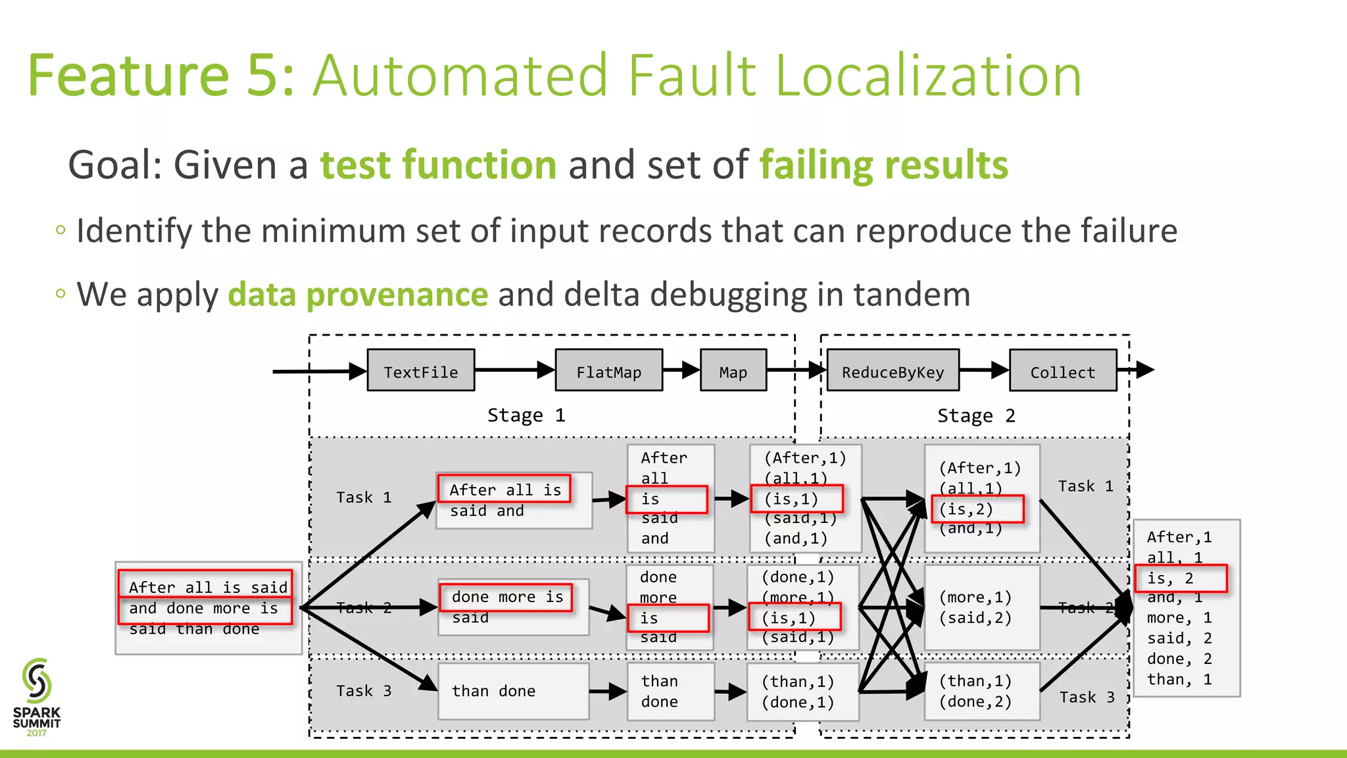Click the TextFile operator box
[421, 370]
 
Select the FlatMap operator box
[609, 370]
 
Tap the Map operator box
[733, 370]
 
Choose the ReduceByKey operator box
[893, 370]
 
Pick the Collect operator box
[1063, 370]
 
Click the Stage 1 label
[526, 415]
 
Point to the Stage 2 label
[976, 416]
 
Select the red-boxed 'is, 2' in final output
[1181, 578]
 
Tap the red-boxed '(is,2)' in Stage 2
[977, 509]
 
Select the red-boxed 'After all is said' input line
[206, 586]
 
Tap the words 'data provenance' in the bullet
[358, 294]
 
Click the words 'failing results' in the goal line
[883, 164]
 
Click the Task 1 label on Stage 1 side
[364, 497]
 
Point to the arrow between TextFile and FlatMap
[514, 370]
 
